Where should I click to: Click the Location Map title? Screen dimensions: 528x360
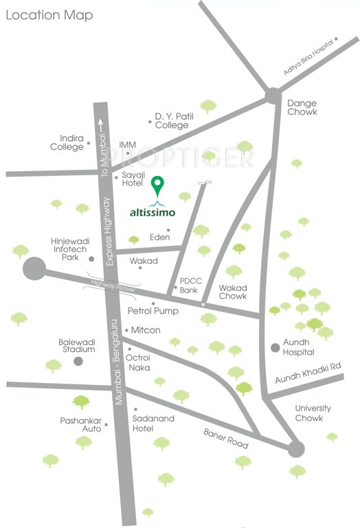point(49,14)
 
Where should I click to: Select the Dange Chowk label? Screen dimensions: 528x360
point(302,107)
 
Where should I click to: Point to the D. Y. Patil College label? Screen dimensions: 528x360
point(172,120)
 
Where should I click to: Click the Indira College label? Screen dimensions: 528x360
point(66,142)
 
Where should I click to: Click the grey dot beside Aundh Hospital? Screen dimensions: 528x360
point(275,346)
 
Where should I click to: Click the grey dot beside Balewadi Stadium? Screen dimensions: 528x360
point(79,360)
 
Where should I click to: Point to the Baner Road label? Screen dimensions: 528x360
point(225,439)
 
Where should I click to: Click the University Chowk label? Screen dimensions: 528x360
point(313,412)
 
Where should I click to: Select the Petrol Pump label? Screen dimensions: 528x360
point(153,311)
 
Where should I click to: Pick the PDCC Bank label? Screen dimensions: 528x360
point(189,285)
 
